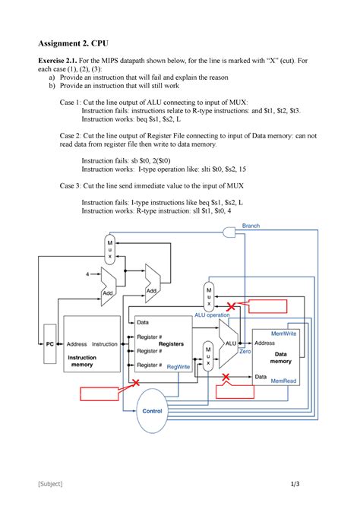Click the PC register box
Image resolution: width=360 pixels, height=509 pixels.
pyautogui.click(x=49, y=344)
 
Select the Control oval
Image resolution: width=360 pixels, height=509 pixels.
pyautogui.click(x=152, y=411)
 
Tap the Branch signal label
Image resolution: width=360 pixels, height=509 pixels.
pyautogui.click(x=251, y=226)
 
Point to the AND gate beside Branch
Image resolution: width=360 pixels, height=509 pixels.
pyautogui.click(x=229, y=232)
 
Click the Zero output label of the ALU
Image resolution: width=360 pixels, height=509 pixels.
pyautogui.click(x=245, y=351)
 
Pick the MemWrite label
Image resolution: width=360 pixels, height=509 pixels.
pyautogui.click(x=284, y=334)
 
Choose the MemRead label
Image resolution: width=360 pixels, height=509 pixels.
pyautogui.click(x=283, y=381)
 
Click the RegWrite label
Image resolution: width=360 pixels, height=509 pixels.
pyautogui.click(x=178, y=366)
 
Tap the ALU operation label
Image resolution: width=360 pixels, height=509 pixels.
pyautogui.click(x=212, y=315)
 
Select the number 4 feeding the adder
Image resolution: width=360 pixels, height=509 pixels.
pyautogui.click(x=87, y=274)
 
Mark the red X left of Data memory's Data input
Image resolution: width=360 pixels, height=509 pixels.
pyautogui.click(x=226, y=377)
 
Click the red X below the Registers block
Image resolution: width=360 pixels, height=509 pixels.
pyautogui.click(x=136, y=382)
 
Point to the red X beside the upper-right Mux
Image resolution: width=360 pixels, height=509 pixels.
pyautogui.click(x=231, y=306)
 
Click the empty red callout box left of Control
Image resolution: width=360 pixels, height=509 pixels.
pyautogui.click(x=99, y=394)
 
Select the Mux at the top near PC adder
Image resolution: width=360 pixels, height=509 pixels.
pyautogui.click(x=109, y=250)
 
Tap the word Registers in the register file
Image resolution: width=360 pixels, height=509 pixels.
pyautogui.click(x=171, y=344)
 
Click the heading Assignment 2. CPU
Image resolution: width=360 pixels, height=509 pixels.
pyautogui.click(x=74, y=43)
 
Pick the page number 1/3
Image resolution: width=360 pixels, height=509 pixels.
pyautogui.click(x=295, y=484)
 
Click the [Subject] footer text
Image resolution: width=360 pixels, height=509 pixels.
pyautogui.click(x=50, y=484)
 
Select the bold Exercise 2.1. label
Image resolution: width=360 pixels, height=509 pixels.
pyautogui.click(x=58, y=60)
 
